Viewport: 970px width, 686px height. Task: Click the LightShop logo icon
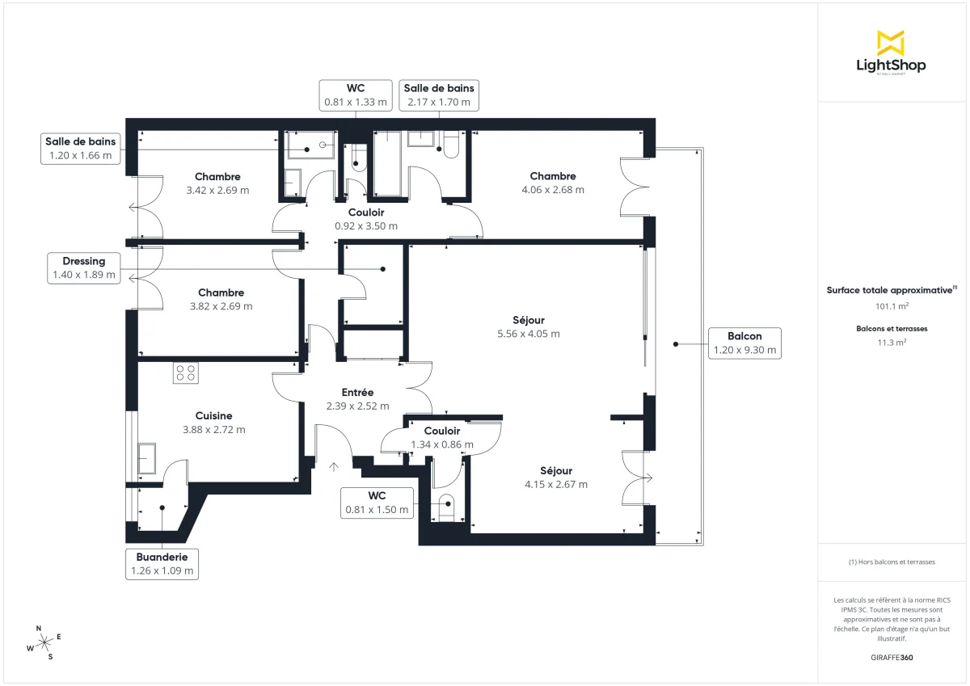[890, 42]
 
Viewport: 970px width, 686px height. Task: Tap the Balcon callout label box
[744, 343]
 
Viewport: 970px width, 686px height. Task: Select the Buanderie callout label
[162, 563]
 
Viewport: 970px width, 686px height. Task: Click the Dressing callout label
[84, 268]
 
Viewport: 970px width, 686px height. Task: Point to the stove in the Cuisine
[186, 372]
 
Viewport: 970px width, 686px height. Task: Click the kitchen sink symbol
[146, 458]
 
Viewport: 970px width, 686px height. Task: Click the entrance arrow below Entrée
[334, 466]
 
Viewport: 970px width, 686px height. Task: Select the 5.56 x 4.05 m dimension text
[529, 334]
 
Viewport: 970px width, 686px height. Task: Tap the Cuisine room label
[213, 416]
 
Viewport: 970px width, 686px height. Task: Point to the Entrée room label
[357, 393]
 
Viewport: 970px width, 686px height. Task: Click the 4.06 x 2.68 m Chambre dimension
[553, 190]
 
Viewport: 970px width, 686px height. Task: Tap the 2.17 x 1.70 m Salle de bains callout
[439, 95]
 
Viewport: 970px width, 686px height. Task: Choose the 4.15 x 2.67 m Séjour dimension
[555, 485]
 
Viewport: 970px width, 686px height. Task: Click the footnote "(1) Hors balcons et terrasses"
[892, 562]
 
